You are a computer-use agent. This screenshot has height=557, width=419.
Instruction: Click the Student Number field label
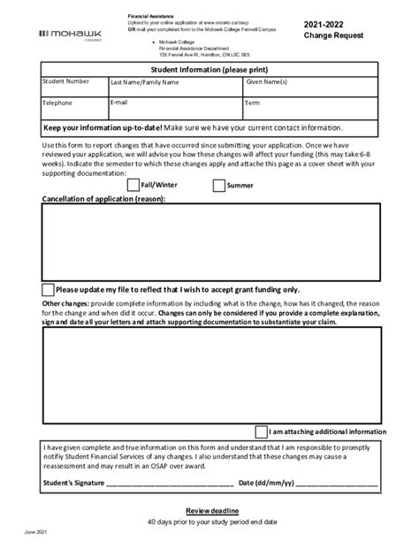pyautogui.click(x=66, y=81)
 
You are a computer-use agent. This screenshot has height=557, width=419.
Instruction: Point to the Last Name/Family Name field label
pyautogui.click(x=145, y=82)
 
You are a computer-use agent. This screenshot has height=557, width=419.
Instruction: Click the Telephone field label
pyautogui.click(x=57, y=103)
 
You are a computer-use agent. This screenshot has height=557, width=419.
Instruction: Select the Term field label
pyautogui.click(x=253, y=103)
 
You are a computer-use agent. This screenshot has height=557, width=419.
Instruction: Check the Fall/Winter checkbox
pyautogui.click(x=133, y=186)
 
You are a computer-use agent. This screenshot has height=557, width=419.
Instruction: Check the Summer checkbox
pyautogui.click(x=218, y=186)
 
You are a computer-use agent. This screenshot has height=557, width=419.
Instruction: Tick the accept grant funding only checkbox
pyautogui.click(x=48, y=289)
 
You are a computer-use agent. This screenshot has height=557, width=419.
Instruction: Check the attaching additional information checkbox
pyautogui.click(x=261, y=431)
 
